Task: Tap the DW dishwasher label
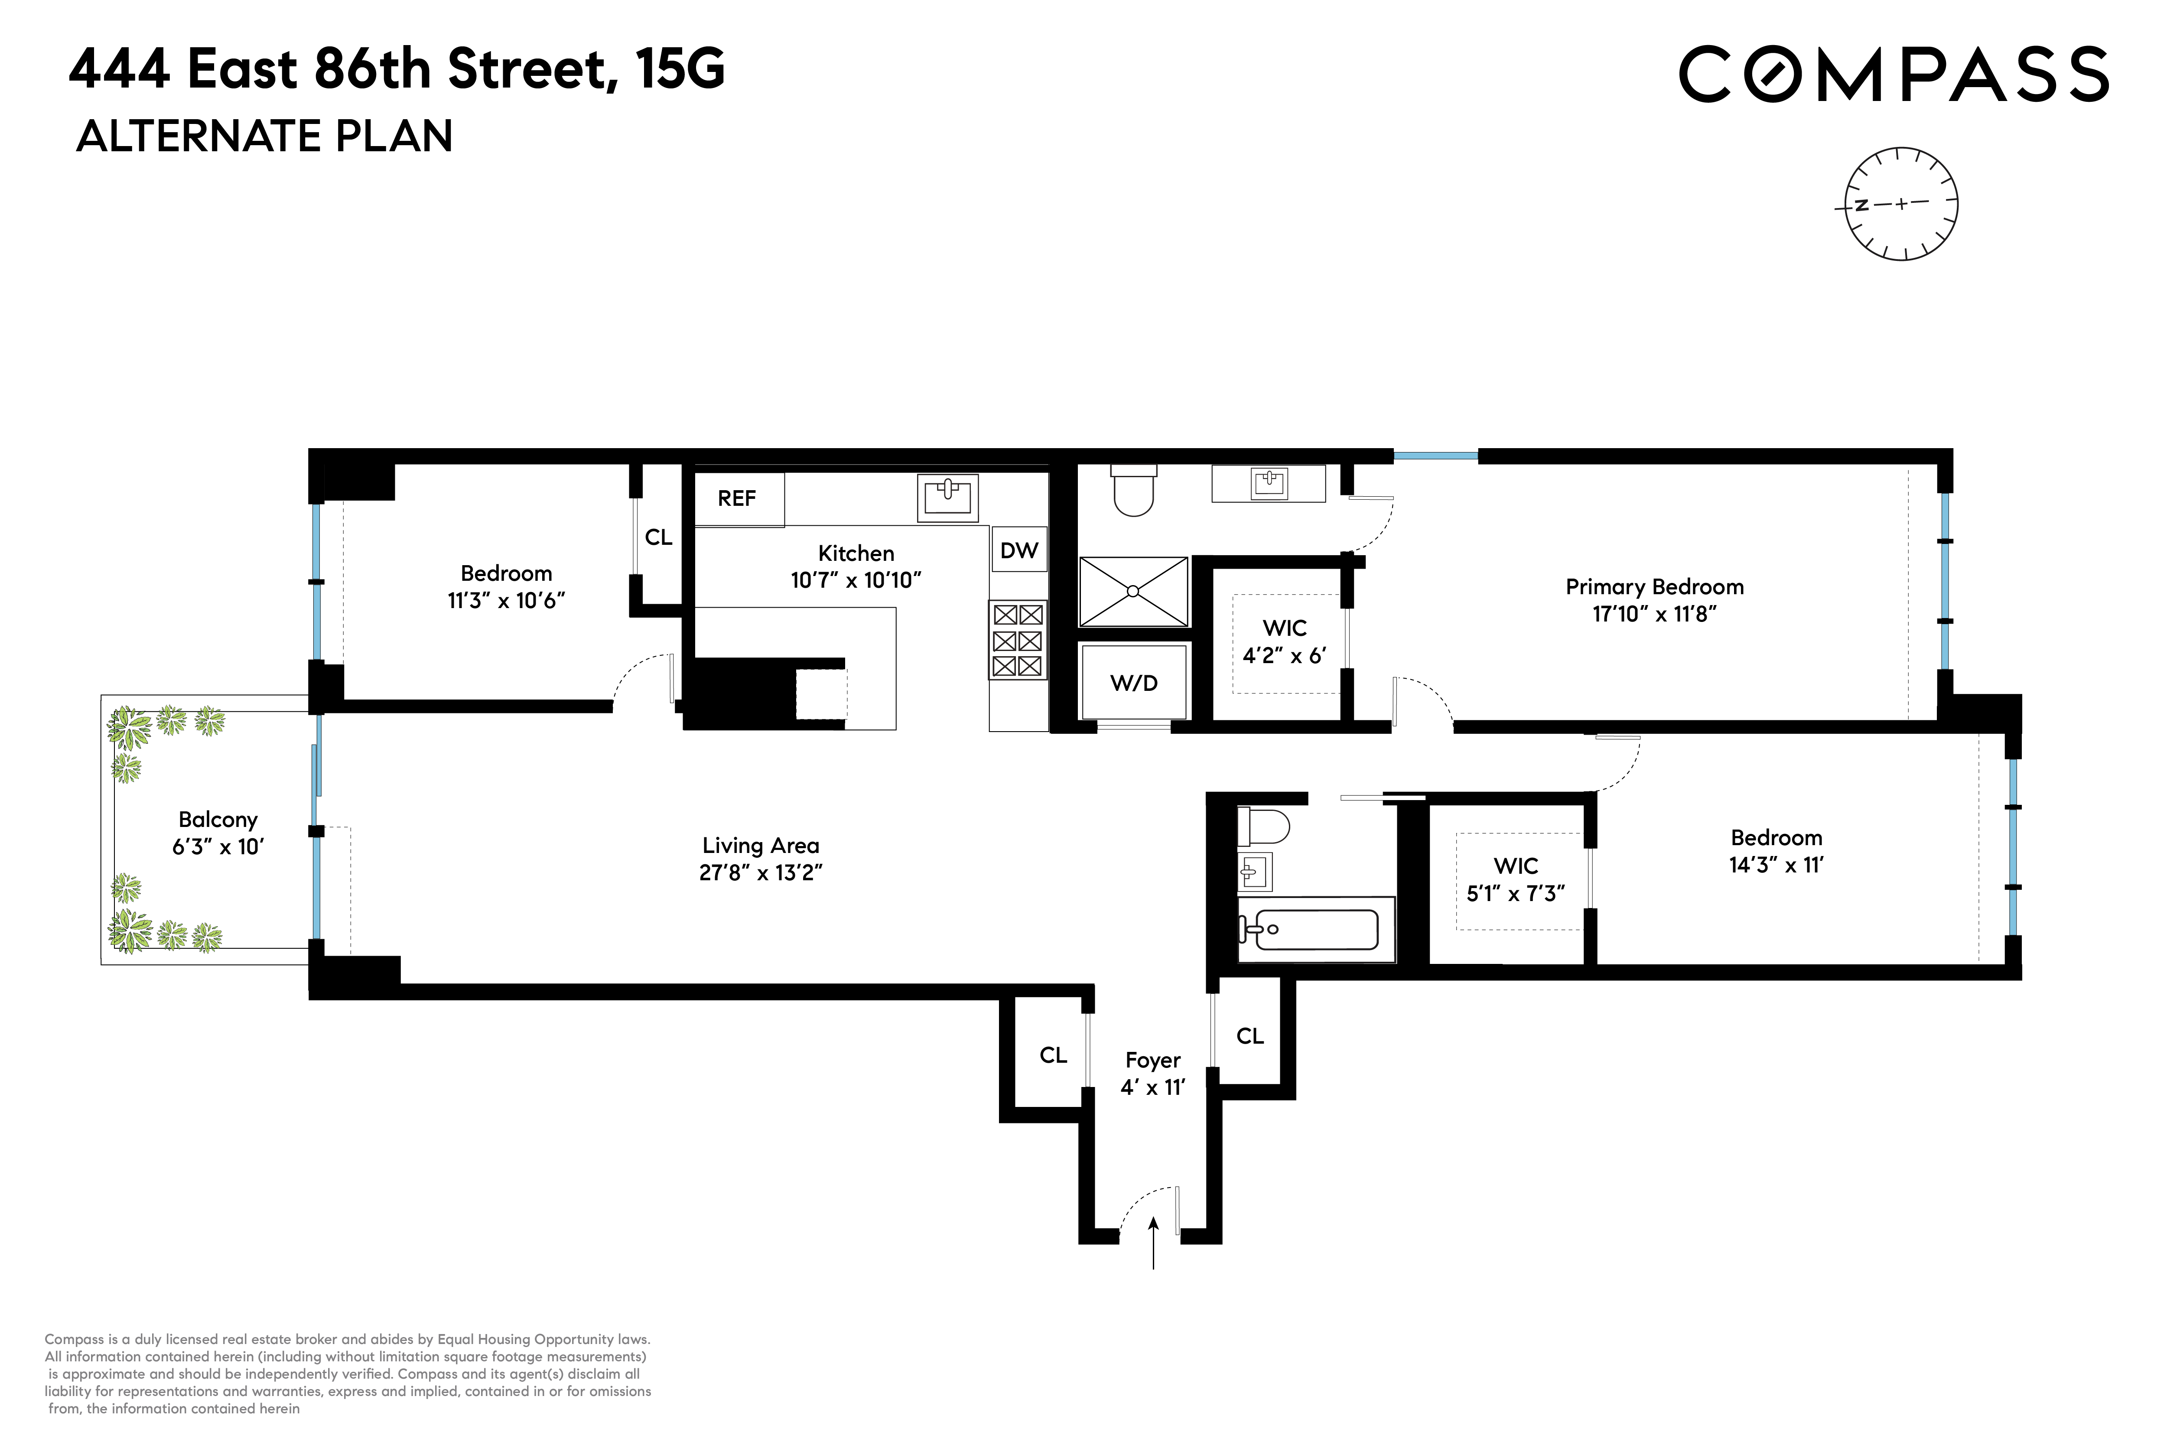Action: (1019, 550)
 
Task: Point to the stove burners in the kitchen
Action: (1017, 641)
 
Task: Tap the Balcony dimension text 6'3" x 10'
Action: (218, 847)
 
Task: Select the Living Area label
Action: (760, 845)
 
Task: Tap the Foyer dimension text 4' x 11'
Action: (1152, 1087)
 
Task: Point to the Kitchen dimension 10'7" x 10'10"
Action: (856, 579)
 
